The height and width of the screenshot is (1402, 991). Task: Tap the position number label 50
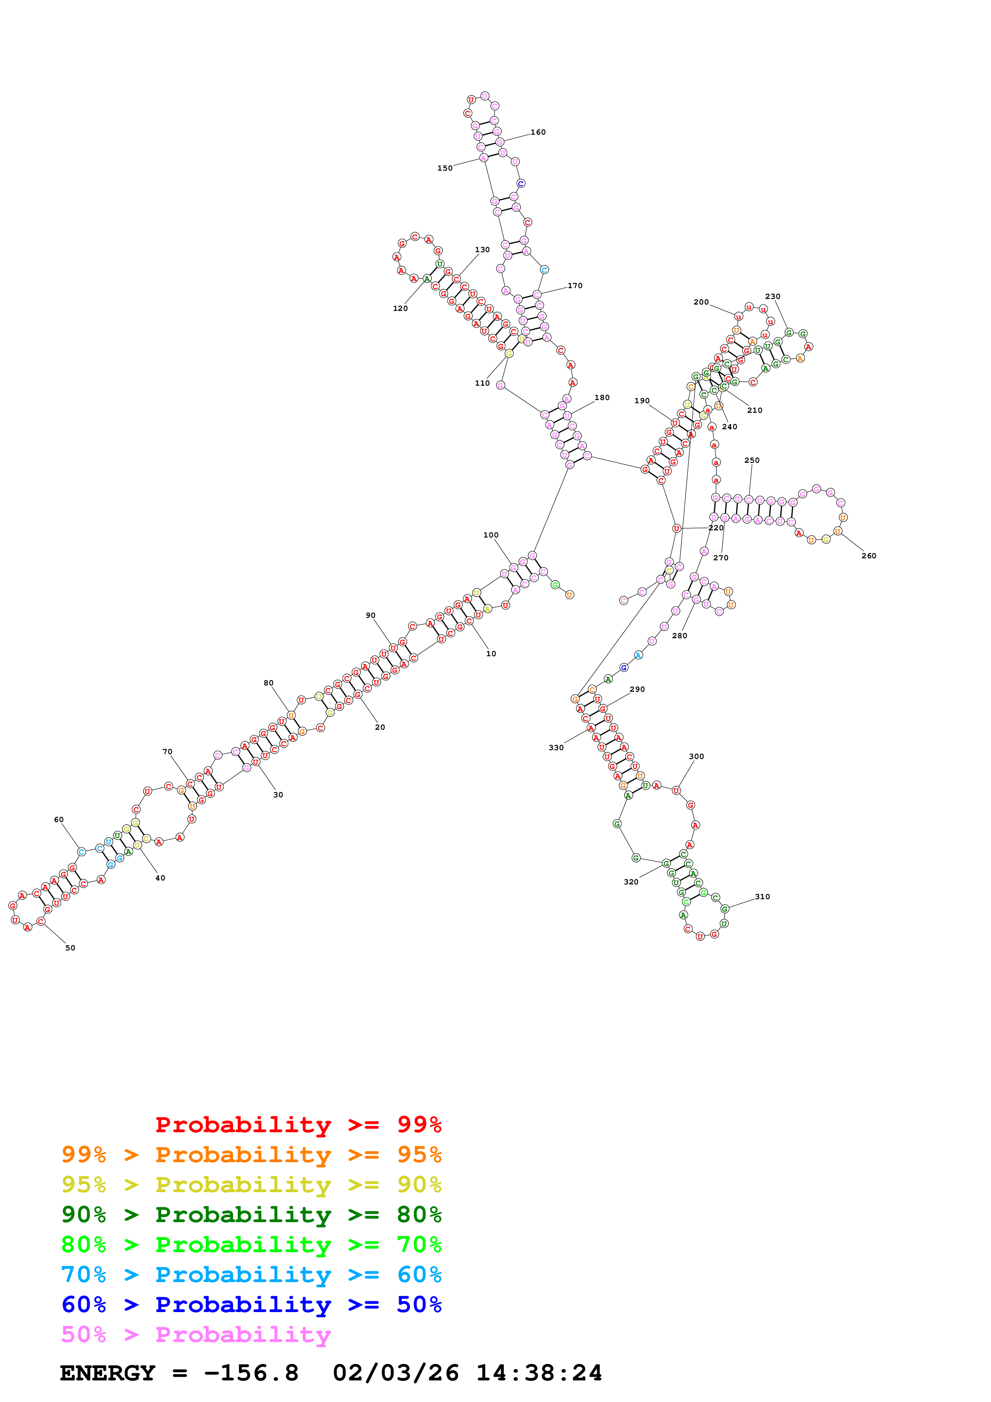point(70,948)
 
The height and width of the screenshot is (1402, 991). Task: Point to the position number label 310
point(762,896)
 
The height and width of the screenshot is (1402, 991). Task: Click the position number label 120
point(400,309)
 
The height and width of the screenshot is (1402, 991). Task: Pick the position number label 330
point(556,747)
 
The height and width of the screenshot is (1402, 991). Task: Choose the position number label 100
point(491,535)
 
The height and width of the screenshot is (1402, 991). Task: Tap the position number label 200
point(701,302)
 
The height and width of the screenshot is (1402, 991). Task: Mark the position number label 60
point(59,819)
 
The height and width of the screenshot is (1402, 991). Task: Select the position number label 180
point(602,398)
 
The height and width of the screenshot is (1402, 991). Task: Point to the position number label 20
point(380,727)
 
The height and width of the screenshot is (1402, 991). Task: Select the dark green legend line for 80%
point(251,1215)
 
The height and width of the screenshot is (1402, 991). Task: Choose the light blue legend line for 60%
point(251,1275)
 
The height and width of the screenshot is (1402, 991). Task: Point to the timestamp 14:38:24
point(538,1373)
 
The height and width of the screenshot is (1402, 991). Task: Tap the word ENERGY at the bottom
point(108,1373)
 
